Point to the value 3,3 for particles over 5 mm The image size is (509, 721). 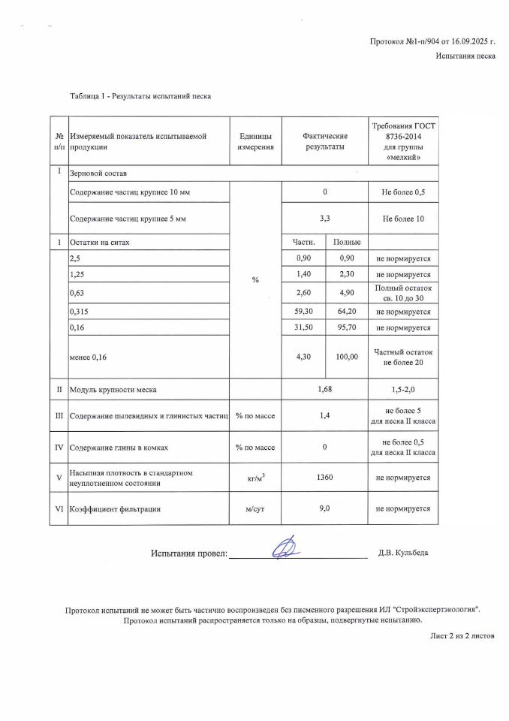324,219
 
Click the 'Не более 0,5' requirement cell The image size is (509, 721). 403,192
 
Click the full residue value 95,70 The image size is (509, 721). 347,327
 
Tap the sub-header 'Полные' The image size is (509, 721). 347,242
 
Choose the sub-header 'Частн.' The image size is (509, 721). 303,242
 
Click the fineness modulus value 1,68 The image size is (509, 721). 324,390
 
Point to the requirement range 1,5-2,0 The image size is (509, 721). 403,390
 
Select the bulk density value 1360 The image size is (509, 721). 324,478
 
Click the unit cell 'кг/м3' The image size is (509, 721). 254,478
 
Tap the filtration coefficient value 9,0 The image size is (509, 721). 324,508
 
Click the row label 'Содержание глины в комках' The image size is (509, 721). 119,448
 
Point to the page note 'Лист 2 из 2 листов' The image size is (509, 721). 462,635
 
